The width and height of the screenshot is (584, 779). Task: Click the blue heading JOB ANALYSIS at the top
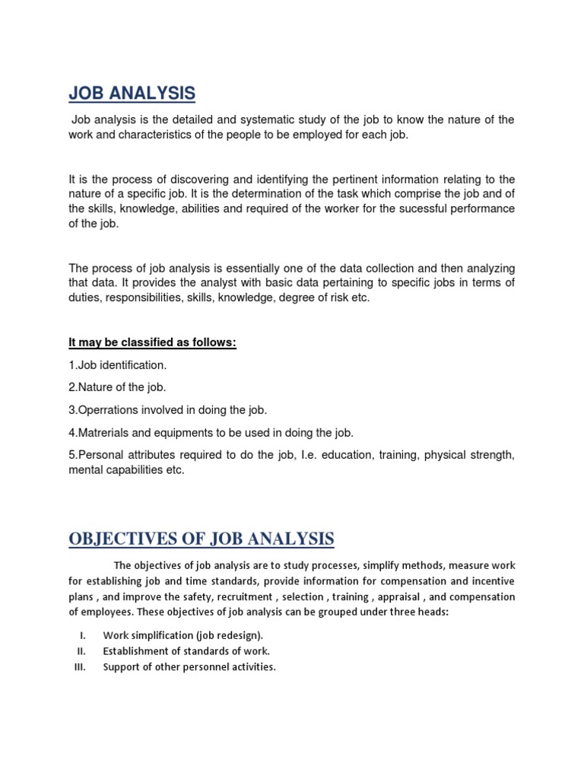pyautogui.click(x=132, y=94)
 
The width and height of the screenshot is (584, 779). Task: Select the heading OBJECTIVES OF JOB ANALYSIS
pyautogui.click(x=201, y=539)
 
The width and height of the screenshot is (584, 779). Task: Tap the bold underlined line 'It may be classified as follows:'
pyautogui.click(x=152, y=343)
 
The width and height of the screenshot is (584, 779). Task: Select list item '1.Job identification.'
pyautogui.click(x=117, y=366)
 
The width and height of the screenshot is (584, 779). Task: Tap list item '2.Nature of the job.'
pyautogui.click(x=116, y=388)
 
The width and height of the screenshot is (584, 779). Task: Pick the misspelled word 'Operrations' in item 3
pyautogui.click(x=106, y=410)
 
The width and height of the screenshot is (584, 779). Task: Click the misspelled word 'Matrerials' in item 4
pyautogui.click(x=102, y=433)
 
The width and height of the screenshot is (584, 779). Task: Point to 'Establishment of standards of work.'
pyautogui.click(x=186, y=651)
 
